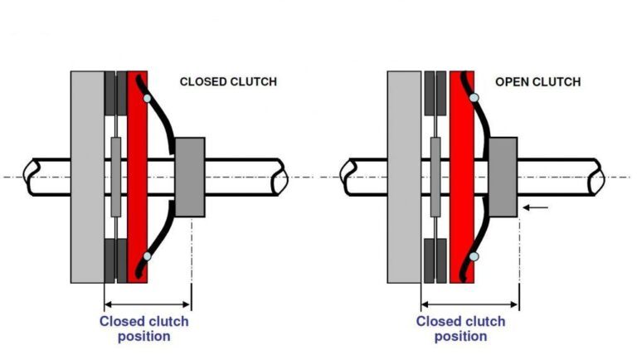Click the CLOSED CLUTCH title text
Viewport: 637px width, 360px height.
coord(228,81)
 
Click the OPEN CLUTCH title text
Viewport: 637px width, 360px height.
coord(537,82)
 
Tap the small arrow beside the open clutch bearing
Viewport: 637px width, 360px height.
coord(536,207)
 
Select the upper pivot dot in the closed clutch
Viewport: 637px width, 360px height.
coord(147,99)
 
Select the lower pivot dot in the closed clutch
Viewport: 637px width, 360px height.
coord(147,256)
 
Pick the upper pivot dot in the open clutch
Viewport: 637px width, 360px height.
coord(474,98)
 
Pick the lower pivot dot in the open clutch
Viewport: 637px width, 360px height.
coord(474,256)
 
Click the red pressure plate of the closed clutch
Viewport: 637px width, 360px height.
coord(138,178)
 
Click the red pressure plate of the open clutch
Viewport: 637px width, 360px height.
coord(462,178)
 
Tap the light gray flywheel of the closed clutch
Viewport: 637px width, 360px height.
coord(87,178)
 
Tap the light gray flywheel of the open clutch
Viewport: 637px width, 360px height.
coord(404,178)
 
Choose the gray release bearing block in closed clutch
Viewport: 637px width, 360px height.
coord(190,178)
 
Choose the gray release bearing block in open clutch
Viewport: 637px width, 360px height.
coord(503,178)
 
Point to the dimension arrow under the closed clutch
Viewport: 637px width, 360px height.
coord(148,304)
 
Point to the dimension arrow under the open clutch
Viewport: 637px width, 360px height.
coord(470,304)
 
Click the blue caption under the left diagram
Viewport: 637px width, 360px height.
coord(144,328)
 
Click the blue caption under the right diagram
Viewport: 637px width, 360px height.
coord(460,328)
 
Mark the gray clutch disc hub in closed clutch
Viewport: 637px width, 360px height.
coord(116,178)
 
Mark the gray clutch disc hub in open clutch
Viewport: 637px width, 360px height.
coord(435,178)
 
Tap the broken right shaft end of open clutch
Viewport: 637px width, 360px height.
coord(597,178)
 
